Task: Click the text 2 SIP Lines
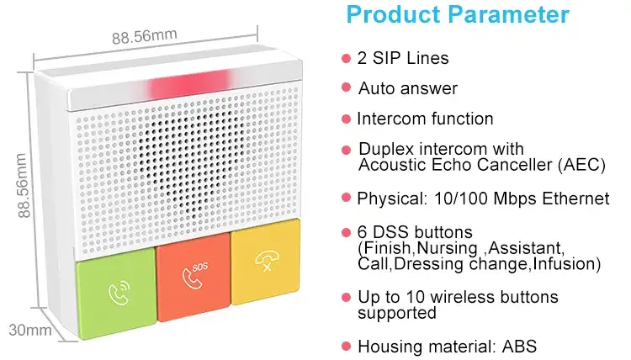click(403, 58)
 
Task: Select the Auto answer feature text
click(407, 88)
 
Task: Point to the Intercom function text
click(425, 119)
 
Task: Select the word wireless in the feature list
click(458, 298)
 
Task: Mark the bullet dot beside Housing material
click(346, 346)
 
